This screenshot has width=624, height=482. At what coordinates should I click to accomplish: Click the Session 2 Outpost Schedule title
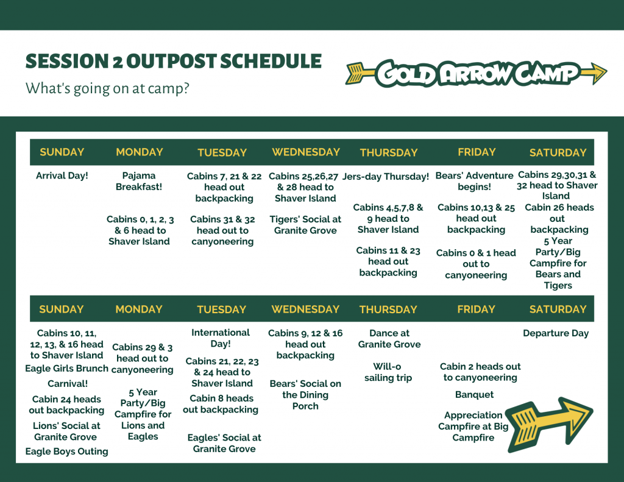coord(174,62)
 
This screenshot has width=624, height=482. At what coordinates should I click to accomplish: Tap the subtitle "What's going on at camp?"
coord(107,88)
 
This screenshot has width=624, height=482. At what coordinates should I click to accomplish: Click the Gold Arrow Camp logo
coord(476,73)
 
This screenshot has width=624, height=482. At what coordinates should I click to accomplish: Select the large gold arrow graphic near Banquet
coord(550,424)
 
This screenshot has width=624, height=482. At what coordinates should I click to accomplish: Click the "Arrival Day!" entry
coord(62,175)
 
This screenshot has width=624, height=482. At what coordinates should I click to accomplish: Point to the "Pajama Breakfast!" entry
coord(139,181)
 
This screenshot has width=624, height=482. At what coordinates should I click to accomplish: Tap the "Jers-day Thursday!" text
coord(386,176)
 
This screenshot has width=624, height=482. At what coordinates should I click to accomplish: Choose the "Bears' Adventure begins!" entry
coord(474,181)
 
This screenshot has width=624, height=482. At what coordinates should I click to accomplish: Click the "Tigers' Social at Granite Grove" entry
coord(305,224)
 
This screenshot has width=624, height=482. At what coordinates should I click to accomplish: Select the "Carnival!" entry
coord(68,384)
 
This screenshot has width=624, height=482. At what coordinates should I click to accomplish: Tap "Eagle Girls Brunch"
coord(66,369)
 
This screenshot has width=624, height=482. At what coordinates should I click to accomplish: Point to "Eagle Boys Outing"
coord(66,452)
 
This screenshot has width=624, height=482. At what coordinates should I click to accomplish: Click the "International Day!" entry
coord(221,338)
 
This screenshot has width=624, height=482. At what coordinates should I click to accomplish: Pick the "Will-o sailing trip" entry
coord(388,372)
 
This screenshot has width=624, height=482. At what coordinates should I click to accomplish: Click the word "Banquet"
coord(474,394)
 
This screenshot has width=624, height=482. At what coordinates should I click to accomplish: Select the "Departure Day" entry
coord(556,333)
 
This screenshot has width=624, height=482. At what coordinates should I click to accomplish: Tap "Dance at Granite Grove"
coord(389,339)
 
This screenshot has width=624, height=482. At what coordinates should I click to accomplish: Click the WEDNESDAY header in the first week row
coord(306,152)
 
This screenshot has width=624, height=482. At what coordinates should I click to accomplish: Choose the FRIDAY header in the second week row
coord(476,310)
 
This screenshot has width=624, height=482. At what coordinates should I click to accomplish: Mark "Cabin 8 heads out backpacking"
coord(221,404)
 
